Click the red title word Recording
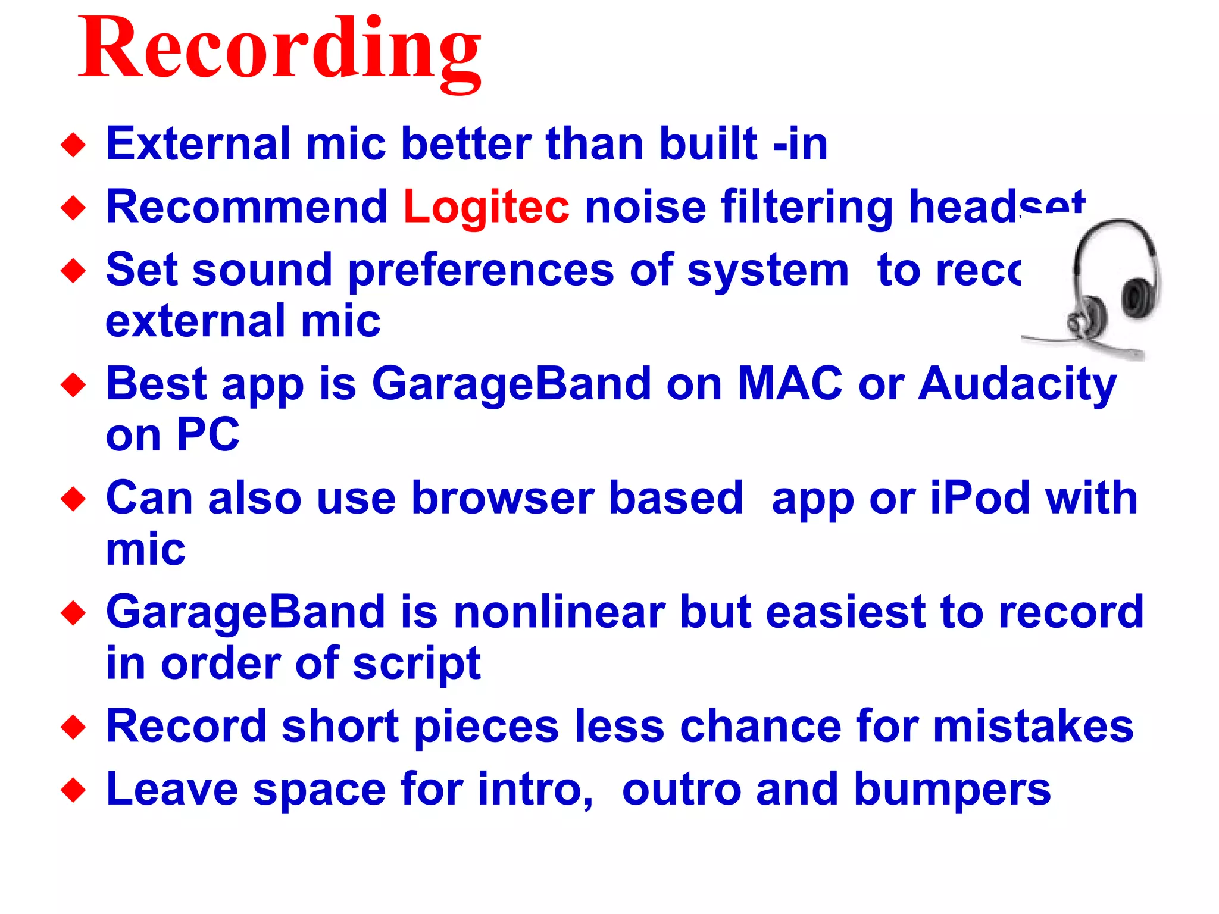click(280, 51)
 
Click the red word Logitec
click(486, 206)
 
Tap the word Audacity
click(1017, 384)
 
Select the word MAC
click(790, 384)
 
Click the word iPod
click(980, 498)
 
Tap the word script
click(416, 663)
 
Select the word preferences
click(480, 271)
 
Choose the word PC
click(208, 435)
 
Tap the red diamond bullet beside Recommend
click(73, 208)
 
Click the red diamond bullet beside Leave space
click(73, 791)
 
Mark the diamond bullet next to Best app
click(73, 385)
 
